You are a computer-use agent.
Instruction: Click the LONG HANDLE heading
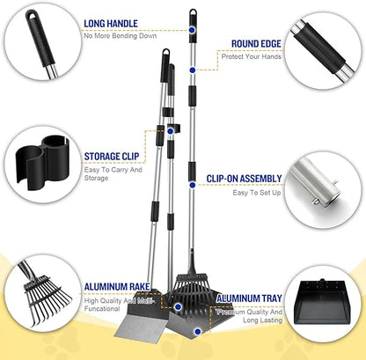click(x=111, y=24)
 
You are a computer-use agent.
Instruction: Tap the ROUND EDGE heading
click(x=256, y=44)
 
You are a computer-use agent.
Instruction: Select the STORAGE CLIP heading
click(x=112, y=157)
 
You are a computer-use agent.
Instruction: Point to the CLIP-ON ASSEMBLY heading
click(x=244, y=179)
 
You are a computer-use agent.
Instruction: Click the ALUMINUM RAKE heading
click(x=117, y=287)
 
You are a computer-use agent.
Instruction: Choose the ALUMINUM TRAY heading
click(x=249, y=298)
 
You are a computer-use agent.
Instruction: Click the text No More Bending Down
click(x=121, y=36)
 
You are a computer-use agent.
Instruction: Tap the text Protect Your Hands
click(x=252, y=56)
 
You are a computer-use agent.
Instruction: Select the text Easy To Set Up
click(x=257, y=193)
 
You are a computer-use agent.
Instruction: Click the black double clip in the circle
click(x=42, y=162)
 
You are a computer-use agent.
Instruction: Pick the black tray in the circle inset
click(x=323, y=301)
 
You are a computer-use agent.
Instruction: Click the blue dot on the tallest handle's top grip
click(x=192, y=30)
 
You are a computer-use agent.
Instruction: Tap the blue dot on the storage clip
click(x=170, y=131)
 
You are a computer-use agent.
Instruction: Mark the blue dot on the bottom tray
click(x=198, y=332)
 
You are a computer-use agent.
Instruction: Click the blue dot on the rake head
click(x=178, y=307)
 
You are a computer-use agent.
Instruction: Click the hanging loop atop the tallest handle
click(x=193, y=12)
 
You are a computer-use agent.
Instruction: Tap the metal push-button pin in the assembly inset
click(x=316, y=202)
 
